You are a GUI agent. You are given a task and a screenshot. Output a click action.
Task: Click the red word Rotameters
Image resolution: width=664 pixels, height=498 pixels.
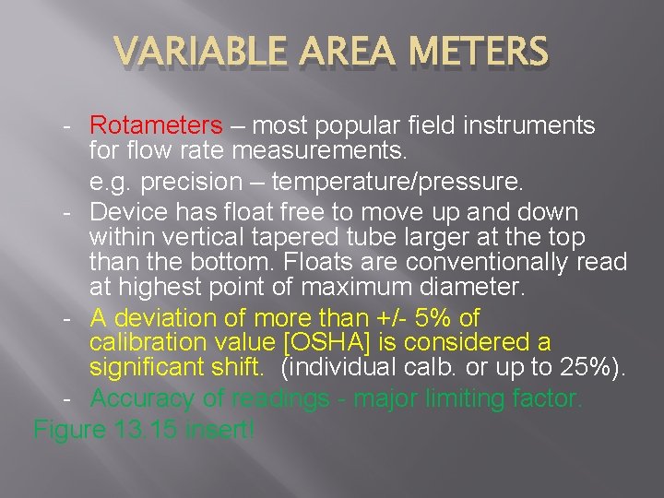156,125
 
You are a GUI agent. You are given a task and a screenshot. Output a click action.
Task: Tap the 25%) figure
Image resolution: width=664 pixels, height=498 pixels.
596,368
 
